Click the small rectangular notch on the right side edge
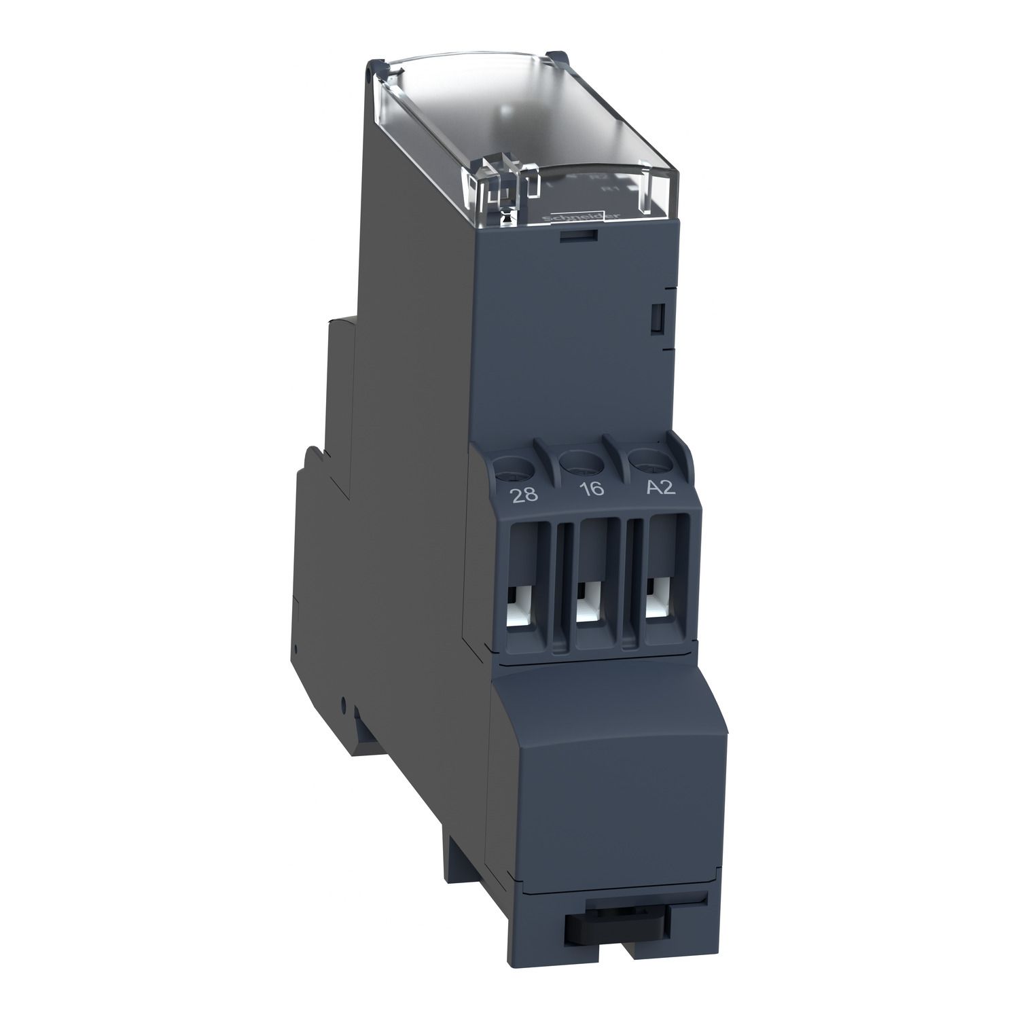(656, 318)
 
